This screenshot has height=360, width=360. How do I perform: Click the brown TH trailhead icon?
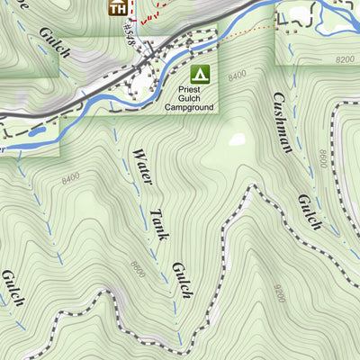116,8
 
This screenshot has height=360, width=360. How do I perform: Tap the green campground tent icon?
200,71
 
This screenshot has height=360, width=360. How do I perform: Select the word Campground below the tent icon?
189,107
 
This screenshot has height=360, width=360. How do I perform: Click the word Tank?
157,224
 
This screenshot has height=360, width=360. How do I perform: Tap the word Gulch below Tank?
179,281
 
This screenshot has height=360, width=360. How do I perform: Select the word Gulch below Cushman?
308,211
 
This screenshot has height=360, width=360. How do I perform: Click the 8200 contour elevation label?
344,59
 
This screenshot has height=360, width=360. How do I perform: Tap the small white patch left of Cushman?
237,139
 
